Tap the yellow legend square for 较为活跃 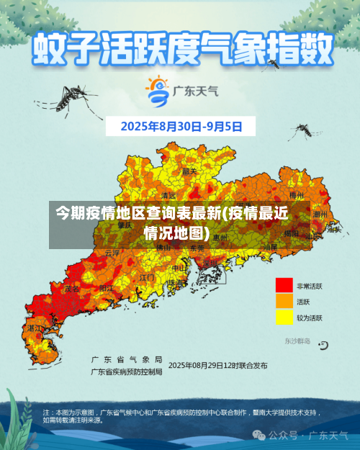coord(284,318)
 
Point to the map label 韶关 coord(189,171)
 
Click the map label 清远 coord(168,195)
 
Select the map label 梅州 coord(296,195)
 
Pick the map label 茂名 coord(72,289)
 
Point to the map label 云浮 coord(112,253)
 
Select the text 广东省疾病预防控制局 coord(126,372)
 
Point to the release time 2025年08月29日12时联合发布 coord(217,365)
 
